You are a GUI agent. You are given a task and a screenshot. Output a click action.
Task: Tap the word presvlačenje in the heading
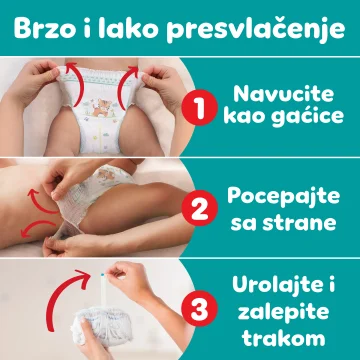(x=256, y=29)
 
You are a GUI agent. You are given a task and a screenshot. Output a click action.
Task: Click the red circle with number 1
(x=199, y=107)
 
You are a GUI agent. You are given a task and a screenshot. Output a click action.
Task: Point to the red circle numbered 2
(x=199, y=208)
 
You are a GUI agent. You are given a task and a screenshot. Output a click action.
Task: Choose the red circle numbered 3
(x=199, y=309)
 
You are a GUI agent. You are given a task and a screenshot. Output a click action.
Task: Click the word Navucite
(x=283, y=94)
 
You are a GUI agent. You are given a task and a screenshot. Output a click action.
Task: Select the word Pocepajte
(x=283, y=197)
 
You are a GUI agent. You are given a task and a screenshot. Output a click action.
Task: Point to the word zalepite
(x=283, y=313)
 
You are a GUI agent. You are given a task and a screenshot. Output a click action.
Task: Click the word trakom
(x=283, y=337)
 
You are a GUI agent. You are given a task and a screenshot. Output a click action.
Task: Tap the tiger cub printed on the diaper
(x=102, y=107)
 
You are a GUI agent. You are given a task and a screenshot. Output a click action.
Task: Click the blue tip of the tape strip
(x=102, y=275)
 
